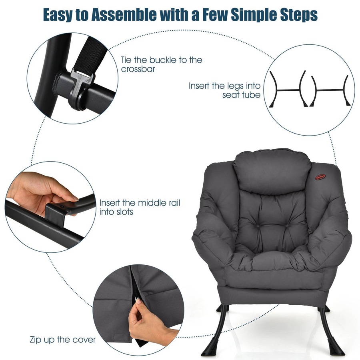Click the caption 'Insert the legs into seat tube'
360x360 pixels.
click(225, 90)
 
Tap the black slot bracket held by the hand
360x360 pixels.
click(56, 210)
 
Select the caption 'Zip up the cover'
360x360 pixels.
click(63, 340)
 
